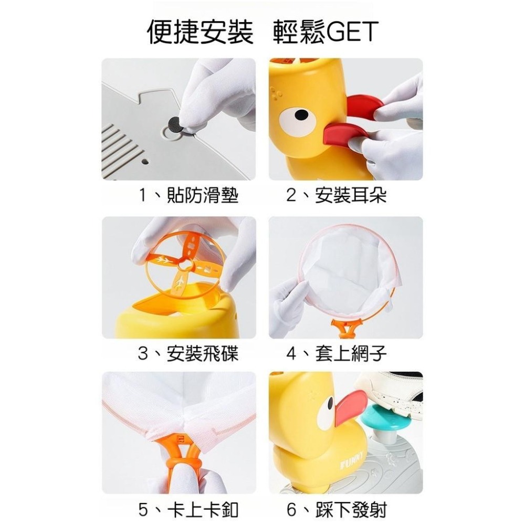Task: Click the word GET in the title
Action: [x=351, y=32]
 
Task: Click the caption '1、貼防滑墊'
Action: [x=188, y=195]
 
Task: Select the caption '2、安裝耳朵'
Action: [x=337, y=195]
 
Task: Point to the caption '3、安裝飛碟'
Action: [x=188, y=353]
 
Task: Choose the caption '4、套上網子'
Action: [x=337, y=353]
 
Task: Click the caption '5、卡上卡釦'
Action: [x=188, y=509]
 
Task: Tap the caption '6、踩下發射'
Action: [x=337, y=509]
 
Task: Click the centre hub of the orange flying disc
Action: [x=184, y=265]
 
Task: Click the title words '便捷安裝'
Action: [x=200, y=32]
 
